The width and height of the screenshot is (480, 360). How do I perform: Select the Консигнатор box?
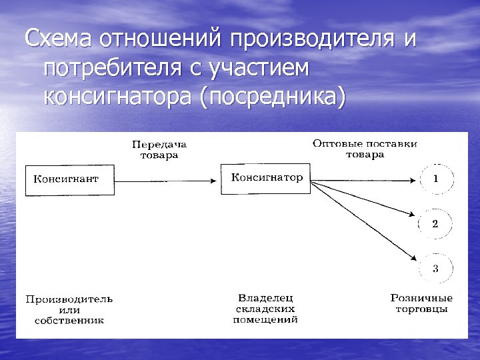(265, 178)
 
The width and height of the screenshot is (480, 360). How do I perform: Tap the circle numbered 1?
(436, 179)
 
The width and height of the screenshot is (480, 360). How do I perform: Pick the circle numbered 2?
(435, 224)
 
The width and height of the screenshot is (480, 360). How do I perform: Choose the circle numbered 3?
(435, 269)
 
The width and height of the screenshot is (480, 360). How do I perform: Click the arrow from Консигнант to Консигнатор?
(167, 179)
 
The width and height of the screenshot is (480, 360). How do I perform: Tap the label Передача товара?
(159, 150)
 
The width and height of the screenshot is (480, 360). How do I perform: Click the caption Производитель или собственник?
(69, 309)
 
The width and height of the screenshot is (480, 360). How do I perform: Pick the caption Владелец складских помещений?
(265, 309)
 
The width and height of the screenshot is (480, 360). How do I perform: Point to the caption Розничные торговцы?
(421, 303)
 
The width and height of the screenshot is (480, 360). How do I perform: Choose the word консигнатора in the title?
(117, 95)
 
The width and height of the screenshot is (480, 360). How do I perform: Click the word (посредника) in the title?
(273, 95)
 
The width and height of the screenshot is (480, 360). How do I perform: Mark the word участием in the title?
(266, 67)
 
